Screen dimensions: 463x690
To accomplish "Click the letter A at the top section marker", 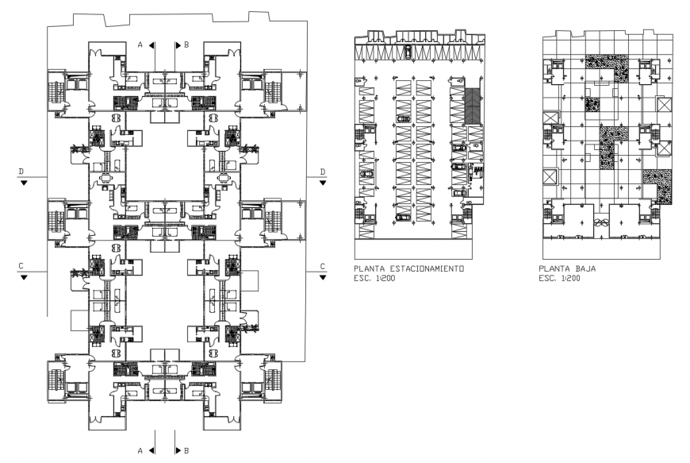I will click(x=140, y=45).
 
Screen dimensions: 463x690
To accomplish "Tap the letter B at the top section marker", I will click(x=186, y=45).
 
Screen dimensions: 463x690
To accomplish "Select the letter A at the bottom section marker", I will click(x=140, y=450).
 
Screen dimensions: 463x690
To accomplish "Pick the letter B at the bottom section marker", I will click(x=186, y=450).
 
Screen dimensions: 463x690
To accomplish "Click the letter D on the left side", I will click(x=24, y=172).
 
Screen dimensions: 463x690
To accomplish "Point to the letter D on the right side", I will click(x=322, y=172).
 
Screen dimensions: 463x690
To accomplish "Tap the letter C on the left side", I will click(x=24, y=266).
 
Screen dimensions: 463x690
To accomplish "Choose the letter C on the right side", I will click(x=322, y=266).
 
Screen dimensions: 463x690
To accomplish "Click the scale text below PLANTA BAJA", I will click(x=558, y=279).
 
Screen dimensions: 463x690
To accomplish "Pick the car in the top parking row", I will click(x=408, y=53).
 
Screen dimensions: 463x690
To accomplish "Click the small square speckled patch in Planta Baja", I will click(x=592, y=104).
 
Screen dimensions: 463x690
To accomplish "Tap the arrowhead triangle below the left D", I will click(x=24, y=182).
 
